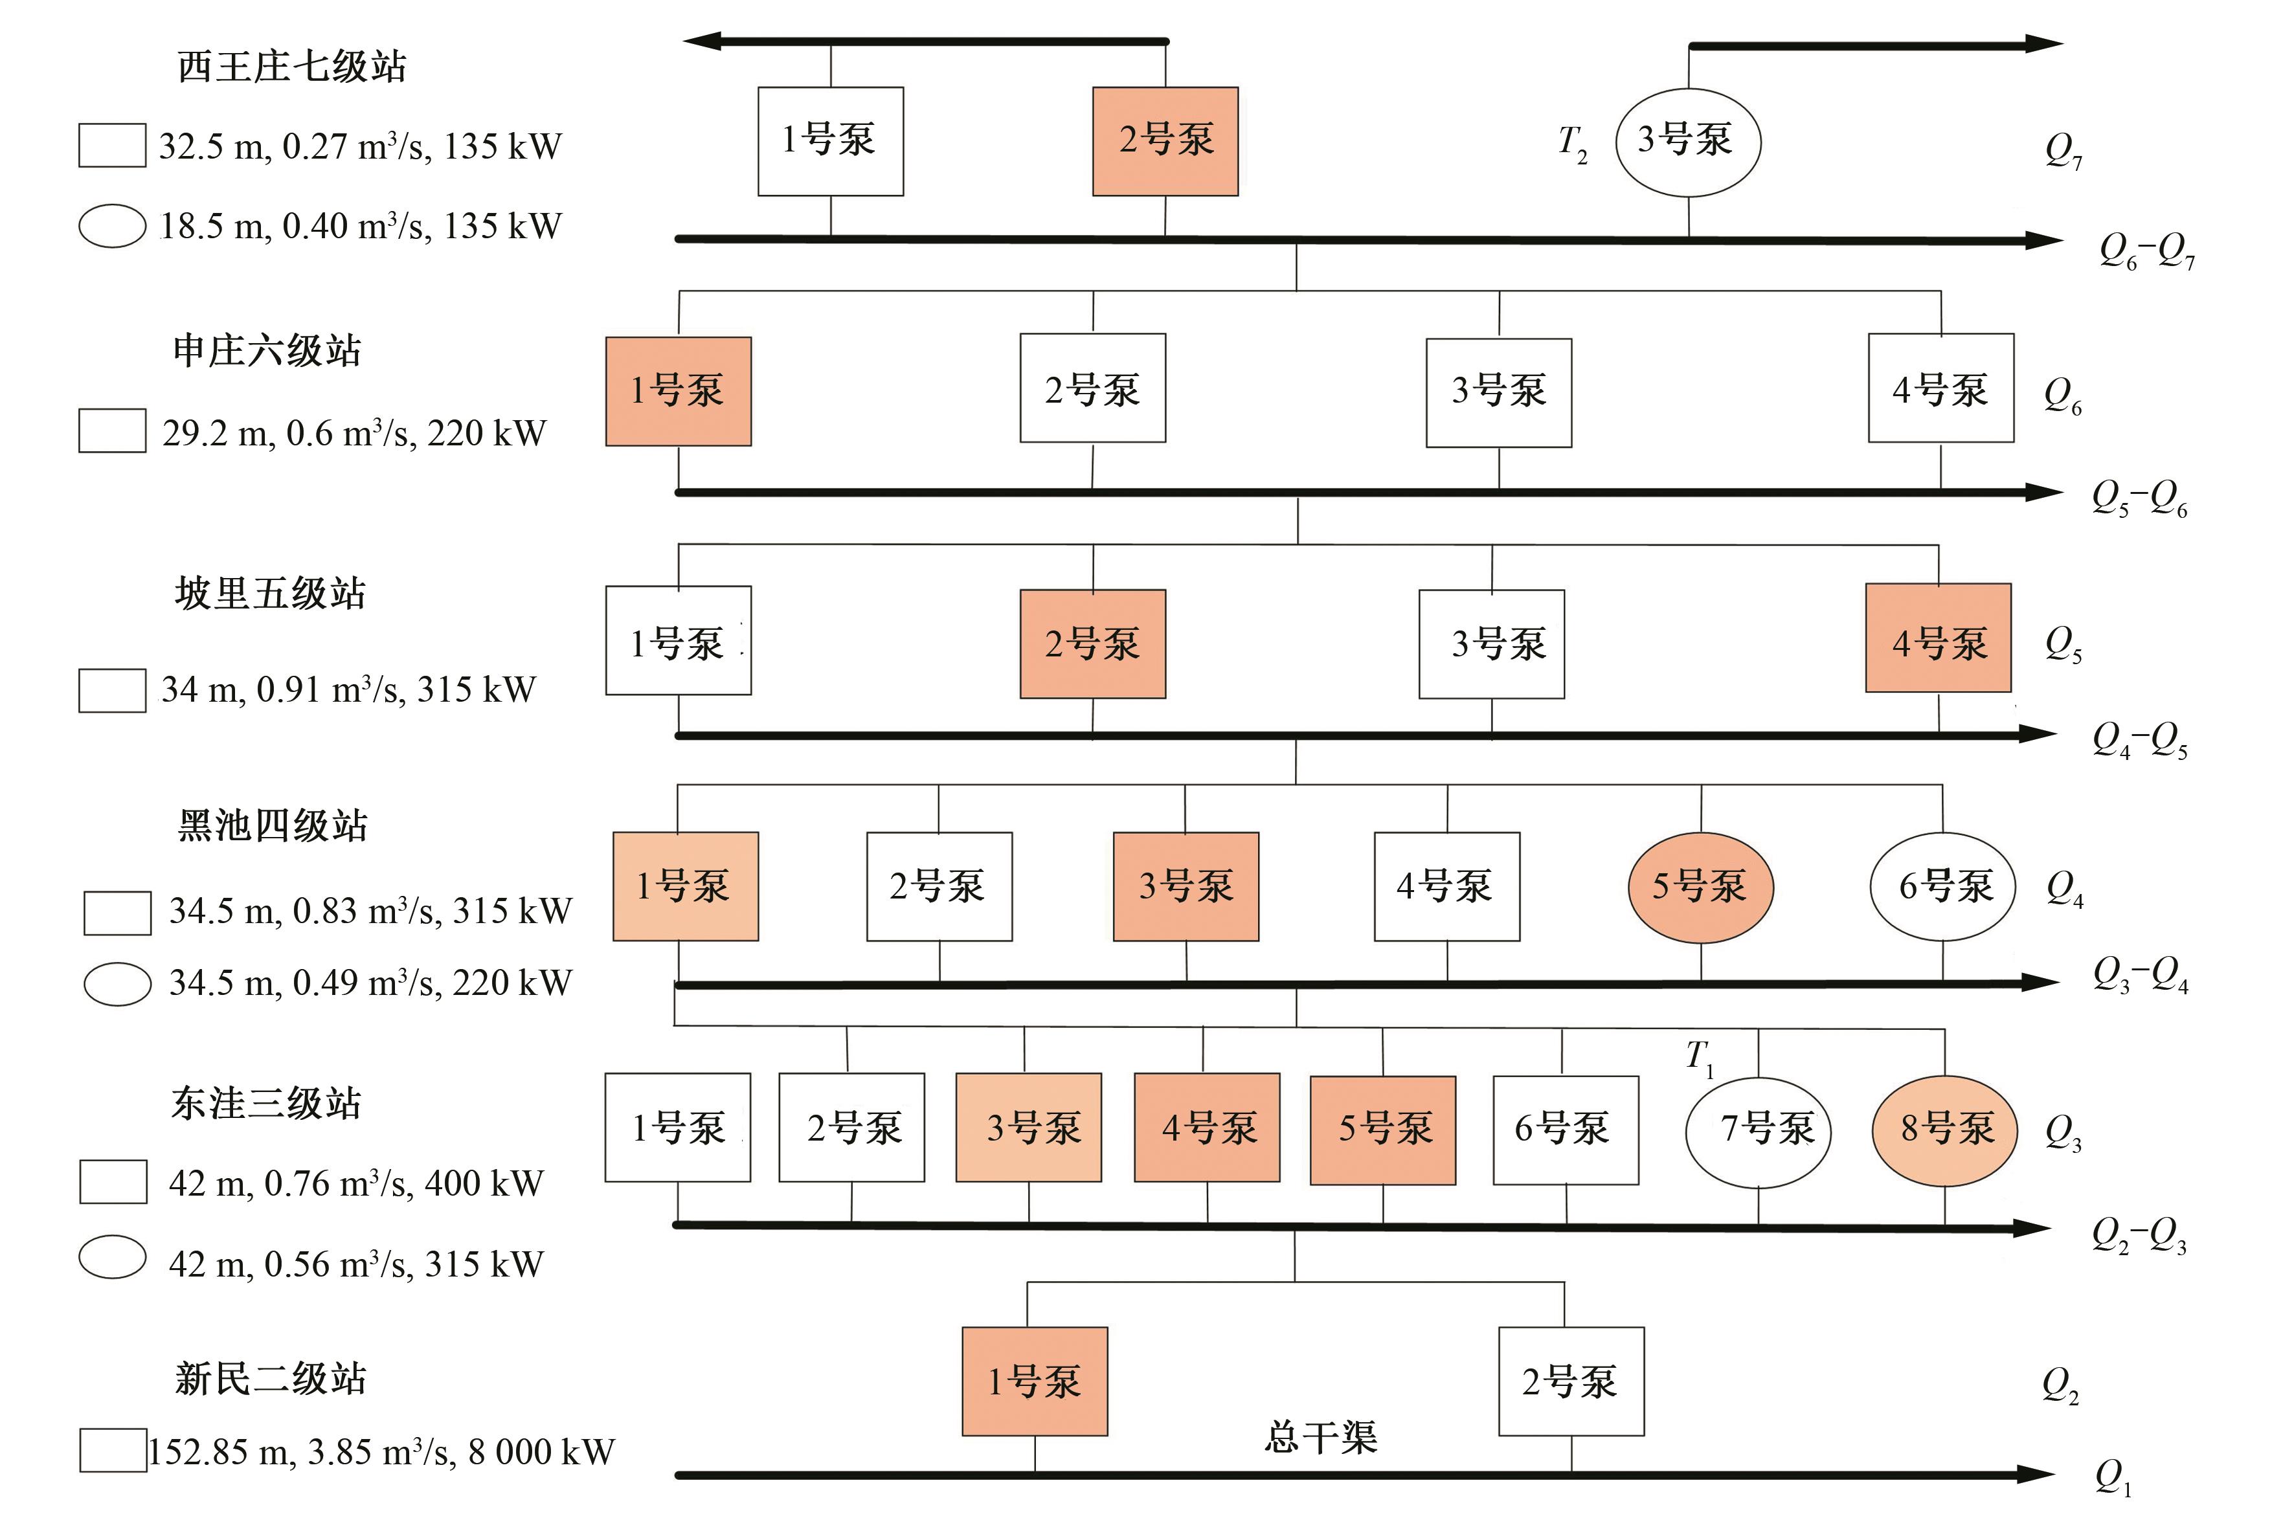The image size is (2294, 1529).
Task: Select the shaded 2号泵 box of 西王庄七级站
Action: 1165,141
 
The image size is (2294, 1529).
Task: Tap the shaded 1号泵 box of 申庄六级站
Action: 678,391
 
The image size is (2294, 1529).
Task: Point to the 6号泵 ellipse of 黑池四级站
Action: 1942,886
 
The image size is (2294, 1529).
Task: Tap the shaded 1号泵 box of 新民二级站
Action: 1034,1381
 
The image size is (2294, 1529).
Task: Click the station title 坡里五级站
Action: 270,593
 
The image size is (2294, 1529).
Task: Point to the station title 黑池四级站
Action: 272,825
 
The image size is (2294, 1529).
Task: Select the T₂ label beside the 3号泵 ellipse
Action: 1572,144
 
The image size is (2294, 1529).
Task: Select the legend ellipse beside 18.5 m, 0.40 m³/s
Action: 112,226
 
